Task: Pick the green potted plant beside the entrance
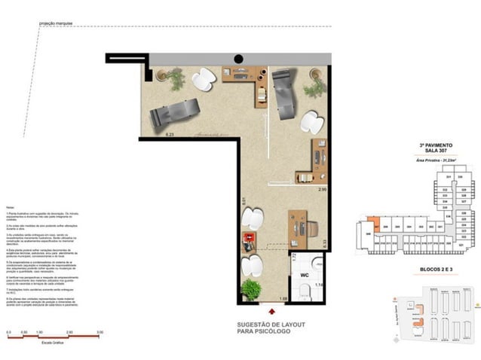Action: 251,288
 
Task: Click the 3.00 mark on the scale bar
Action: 100,331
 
